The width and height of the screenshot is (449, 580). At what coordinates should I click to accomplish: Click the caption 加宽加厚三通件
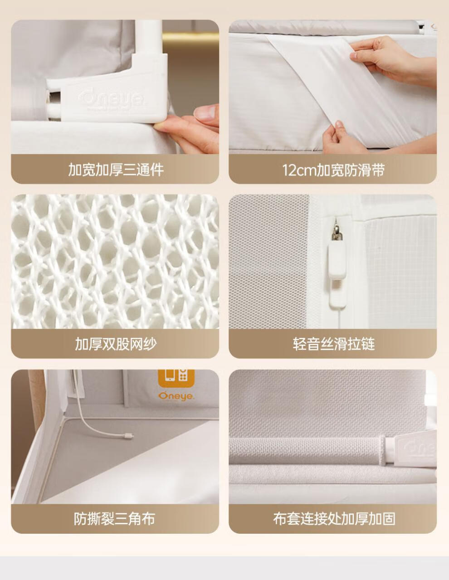[x=115, y=170]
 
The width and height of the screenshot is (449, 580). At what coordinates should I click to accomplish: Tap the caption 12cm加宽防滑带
[x=333, y=170]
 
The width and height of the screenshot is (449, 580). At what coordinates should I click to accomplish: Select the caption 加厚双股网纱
[x=115, y=344]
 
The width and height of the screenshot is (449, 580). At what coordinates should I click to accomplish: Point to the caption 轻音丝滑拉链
[x=333, y=344]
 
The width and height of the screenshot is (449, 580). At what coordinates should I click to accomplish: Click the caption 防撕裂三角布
[x=115, y=519]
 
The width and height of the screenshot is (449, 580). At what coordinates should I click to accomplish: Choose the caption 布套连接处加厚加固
[x=334, y=519]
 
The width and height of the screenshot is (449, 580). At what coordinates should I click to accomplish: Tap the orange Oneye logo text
[x=176, y=396]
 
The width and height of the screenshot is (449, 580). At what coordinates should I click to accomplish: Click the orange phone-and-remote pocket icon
[x=176, y=378]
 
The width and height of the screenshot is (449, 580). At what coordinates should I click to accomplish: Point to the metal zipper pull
[x=336, y=231]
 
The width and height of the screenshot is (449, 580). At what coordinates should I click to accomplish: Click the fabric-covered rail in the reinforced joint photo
[x=307, y=451]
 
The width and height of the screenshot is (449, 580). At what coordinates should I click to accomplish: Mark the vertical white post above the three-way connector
[x=149, y=37]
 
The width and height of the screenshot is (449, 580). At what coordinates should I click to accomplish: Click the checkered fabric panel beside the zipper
[x=399, y=272]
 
